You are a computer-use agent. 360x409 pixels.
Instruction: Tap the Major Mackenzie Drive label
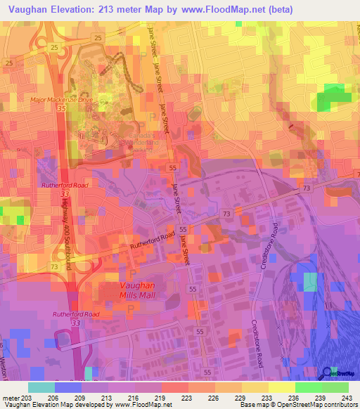click(61, 99)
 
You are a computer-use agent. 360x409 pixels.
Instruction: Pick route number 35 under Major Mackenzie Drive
click(62, 110)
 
